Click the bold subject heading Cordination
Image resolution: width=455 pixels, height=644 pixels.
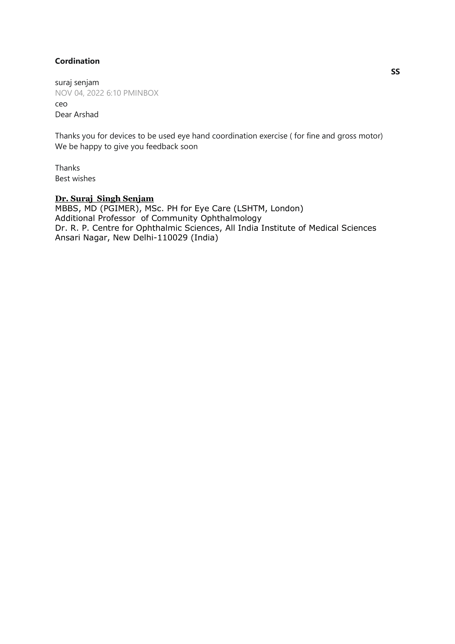pyautogui.click(x=77, y=61)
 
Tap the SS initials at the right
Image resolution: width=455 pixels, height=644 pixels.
pyautogui.click(x=395, y=72)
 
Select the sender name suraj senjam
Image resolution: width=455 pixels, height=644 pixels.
pyautogui.click(x=77, y=83)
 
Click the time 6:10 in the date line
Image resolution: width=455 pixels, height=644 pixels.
pyautogui.click(x=113, y=93)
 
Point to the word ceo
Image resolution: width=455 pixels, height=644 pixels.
pyautogui.click(x=61, y=104)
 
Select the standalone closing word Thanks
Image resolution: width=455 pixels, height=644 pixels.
pyautogui.click(x=67, y=168)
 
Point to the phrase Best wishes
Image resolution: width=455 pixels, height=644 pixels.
pyautogui.click(x=75, y=179)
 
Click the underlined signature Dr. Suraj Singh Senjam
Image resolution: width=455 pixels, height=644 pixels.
pyautogui.click(x=104, y=199)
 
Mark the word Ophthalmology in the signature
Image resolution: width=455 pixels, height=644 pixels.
pyautogui.click(x=231, y=218)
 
